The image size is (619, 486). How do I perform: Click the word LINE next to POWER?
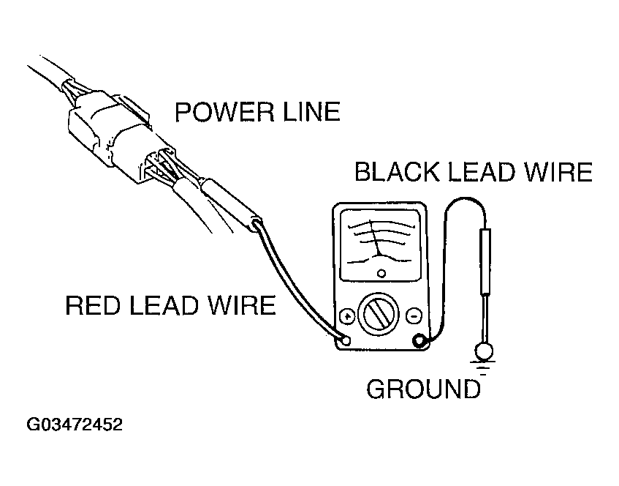tap(311, 111)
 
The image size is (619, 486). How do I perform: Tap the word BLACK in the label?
tap(396, 172)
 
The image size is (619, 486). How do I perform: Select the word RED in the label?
tap(92, 305)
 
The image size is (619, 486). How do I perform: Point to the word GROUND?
tap(424, 389)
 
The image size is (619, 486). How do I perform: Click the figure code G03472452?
tap(75, 425)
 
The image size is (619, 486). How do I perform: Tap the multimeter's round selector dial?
tap(379, 313)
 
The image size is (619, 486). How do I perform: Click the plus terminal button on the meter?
tap(347, 316)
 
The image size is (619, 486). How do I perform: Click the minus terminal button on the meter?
tap(414, 316)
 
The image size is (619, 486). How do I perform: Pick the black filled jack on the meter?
tap(419, 340)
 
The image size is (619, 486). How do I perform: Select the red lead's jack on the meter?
tap(346, 340)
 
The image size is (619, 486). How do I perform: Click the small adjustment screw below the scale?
tap(381, 273)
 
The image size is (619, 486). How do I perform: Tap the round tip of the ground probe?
tap(484, 351)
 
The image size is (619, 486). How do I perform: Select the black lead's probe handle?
tap(485, 262)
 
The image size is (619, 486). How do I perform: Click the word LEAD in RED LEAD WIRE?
tap(164, 305)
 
